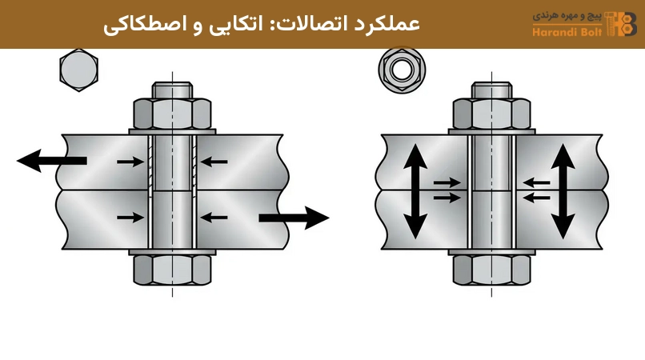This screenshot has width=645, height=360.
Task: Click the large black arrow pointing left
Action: point(51,161)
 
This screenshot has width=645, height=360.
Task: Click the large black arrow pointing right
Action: point(294,218)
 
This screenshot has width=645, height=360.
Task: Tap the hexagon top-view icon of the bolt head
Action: point(78,70)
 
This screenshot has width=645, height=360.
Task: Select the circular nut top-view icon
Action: point(402,70)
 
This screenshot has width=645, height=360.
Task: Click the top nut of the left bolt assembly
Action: point(172,114)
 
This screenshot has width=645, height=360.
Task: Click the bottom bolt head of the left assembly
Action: point(172,270)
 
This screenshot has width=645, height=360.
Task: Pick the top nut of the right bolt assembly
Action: point(491,114)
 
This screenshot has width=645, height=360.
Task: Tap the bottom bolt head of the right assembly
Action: point(491,270)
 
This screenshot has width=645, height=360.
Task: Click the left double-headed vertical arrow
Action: point(415,191)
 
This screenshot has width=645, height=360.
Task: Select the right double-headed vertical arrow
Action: point(563,191)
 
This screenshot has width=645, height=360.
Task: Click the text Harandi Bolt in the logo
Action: point(567,32)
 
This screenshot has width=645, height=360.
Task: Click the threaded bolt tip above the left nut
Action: point(172,90)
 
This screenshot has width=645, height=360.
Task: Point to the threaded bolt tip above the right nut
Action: point(491,90)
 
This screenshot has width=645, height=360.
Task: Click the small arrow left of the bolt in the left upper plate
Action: point(130,162)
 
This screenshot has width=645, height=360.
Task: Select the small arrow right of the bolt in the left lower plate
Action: point(214,218)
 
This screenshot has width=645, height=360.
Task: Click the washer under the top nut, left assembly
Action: point(172,132)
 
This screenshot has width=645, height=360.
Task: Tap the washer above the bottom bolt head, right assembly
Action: point(491,252)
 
